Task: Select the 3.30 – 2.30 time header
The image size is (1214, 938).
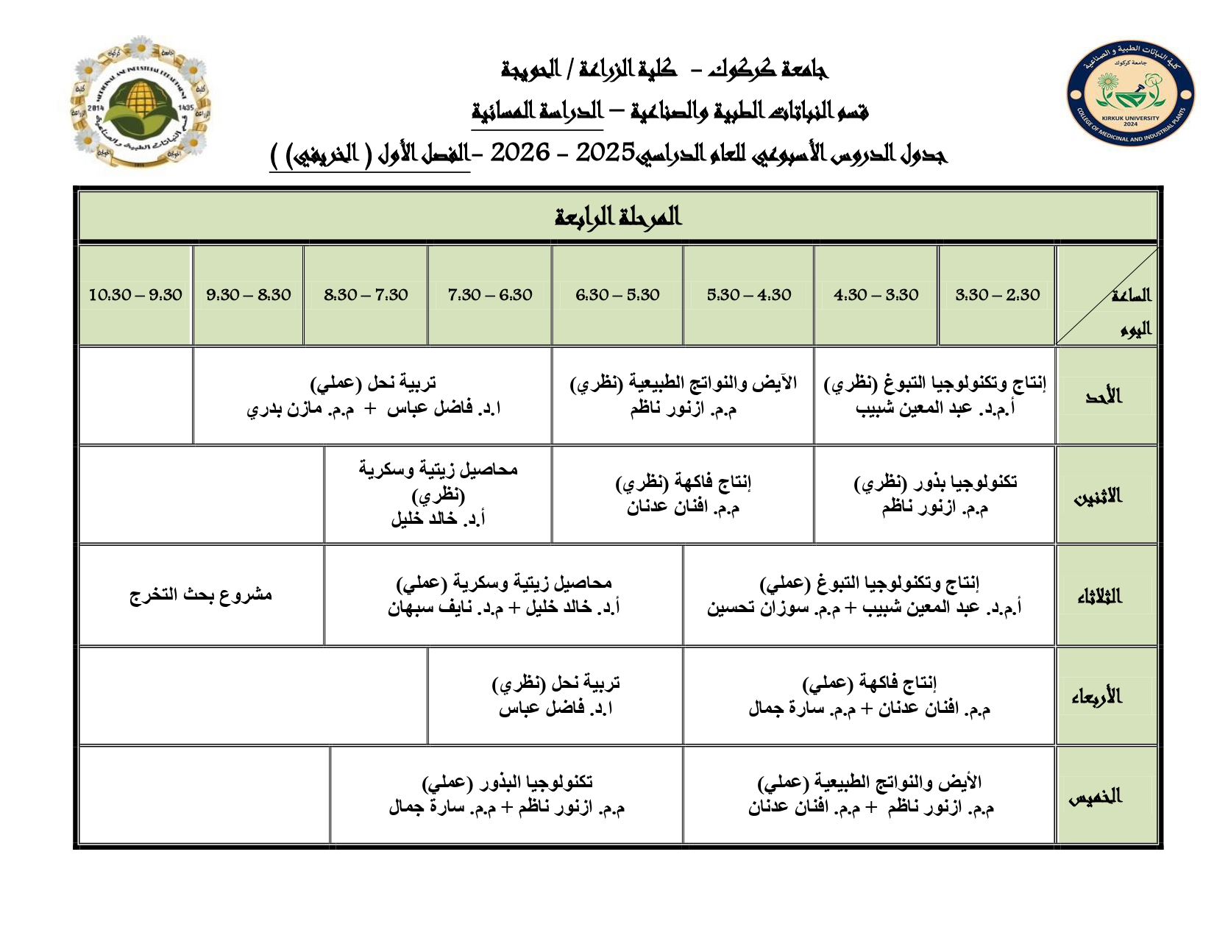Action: [x=997, y=295]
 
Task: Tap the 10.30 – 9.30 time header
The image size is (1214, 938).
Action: [x=135, y=295]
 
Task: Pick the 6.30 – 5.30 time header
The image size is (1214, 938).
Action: [x=617, y=295]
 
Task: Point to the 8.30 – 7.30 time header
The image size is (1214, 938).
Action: [x=366, y=295]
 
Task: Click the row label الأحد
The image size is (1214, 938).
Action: [x=1104, y=397]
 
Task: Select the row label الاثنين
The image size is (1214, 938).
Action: [x=1099, y=497]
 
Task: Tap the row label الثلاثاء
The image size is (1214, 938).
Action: [x=1101, y=596]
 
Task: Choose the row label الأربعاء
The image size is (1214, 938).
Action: [x=1097, y=696]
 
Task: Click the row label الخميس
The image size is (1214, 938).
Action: [x=1096, y=796]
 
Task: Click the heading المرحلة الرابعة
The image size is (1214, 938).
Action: [x=618, y=217]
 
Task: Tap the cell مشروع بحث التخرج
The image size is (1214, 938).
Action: [x=201, y=594]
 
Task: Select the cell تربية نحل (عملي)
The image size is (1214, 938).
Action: [x=373, y=396]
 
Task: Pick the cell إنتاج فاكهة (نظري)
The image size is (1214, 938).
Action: [x=684, y=494]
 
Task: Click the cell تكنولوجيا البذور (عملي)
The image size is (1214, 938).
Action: [x=507, y=795]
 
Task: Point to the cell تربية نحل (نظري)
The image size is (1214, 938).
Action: [x=556, y=695]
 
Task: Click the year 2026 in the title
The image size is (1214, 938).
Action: [x=520, y=152]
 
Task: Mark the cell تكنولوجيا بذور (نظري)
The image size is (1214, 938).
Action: [x=935, y=494]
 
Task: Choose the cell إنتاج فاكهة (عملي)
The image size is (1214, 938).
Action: [x=869, y=695]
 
